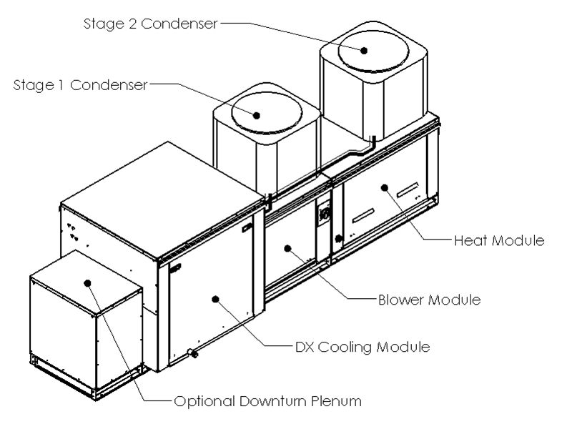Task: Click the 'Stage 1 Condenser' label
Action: point(80,85)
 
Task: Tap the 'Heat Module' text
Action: point(499,240)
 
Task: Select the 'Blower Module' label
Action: point(429,299)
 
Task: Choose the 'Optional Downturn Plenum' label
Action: point(267,401)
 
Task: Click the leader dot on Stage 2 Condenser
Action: point(364,50)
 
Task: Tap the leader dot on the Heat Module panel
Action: point(384,187)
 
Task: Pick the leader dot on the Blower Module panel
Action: point(287,248)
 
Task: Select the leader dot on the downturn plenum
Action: point(88,282)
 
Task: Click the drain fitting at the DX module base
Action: point(192,352)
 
